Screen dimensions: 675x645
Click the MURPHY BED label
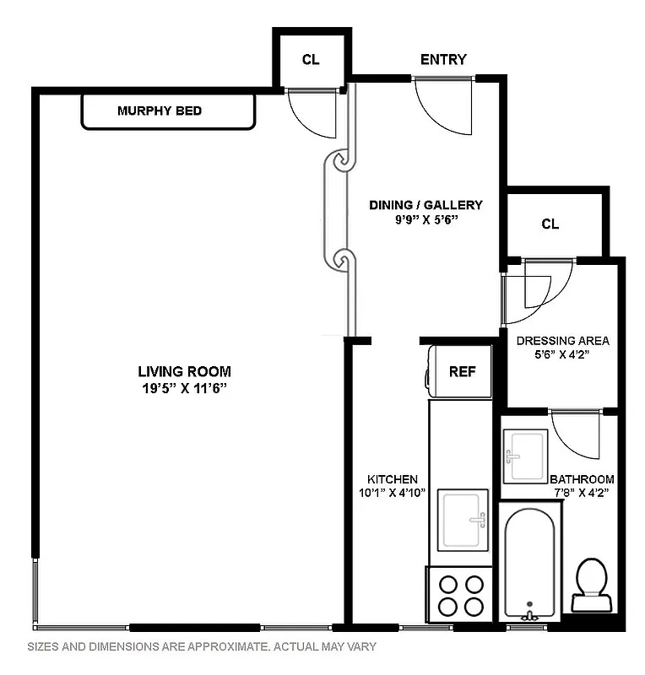pos(160,111)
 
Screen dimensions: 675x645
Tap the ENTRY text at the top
pos(443,59)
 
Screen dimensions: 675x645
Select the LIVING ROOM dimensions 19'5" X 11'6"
pos(184,388)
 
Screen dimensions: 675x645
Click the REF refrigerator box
pos(462,371)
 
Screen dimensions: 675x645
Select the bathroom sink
pos(526,456)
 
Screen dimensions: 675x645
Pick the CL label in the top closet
pos(311,59)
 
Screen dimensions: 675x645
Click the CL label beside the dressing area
pos(550,224)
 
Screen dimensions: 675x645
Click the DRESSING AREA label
pos(562,341)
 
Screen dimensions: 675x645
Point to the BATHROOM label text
pos(582,478)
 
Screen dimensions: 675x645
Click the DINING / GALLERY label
pos(426,204)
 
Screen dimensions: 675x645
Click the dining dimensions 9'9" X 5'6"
pos(426,220)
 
